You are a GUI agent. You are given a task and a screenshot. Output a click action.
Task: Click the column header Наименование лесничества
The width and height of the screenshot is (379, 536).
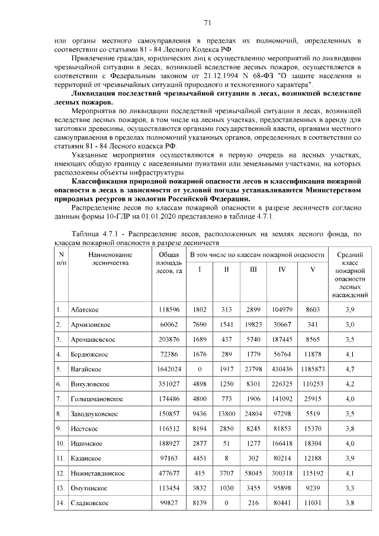tap(111, 258)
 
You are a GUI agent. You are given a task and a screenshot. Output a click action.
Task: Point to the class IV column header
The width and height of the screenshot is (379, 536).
tap(282, 269)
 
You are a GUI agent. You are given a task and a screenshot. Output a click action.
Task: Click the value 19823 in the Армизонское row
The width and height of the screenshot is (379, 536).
tap(253, 325)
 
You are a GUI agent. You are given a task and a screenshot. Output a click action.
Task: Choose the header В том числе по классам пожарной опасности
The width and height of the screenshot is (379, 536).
tap(256, 254)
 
